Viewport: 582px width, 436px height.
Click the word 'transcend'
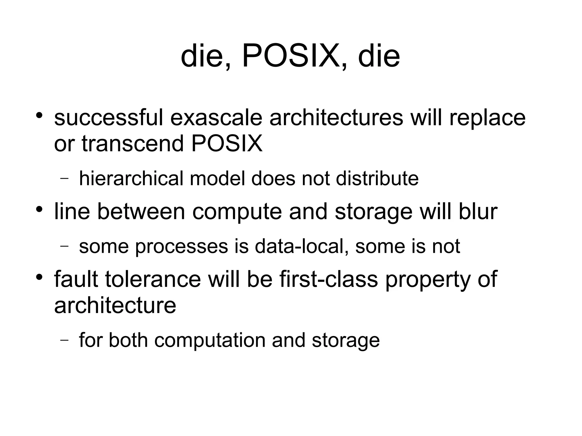133,144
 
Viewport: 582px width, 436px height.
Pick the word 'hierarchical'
131,178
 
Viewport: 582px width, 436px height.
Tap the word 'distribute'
377,178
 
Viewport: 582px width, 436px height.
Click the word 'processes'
182,246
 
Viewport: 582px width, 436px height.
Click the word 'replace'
487,118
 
